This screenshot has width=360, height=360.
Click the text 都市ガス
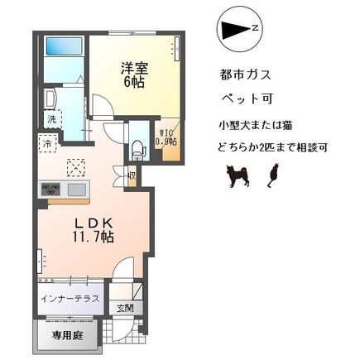247,74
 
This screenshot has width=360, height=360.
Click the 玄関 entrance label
135,309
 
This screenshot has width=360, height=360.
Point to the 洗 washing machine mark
50,119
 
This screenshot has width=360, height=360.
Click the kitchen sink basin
77,189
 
